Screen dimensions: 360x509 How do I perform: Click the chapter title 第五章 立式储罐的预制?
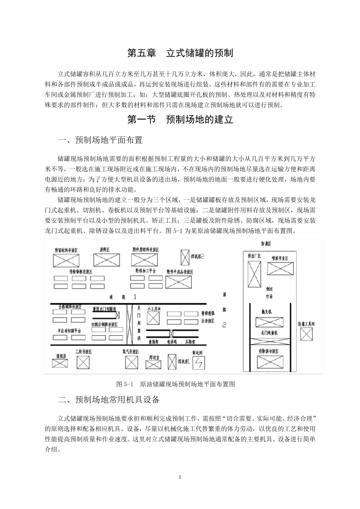click(x=180, y=53)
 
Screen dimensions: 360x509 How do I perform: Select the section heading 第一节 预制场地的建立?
click(x=180, y=120)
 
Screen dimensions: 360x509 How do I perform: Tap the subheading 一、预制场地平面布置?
click(x=100, y=140)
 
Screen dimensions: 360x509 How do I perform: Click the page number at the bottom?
click(x=180, y=477)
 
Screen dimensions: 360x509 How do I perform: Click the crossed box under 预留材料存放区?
click(x=66, y=260)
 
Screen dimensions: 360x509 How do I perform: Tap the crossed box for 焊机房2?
click(x=185, y=258)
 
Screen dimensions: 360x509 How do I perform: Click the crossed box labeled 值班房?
click(x=60, y=363)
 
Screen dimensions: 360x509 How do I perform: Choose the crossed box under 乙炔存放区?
click(x=83, y=362)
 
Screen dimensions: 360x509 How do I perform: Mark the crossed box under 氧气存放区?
click(x=132, y=362)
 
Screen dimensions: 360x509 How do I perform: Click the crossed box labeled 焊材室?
click(x=153, y=364)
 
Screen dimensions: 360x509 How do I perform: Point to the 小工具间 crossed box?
click(x=153, y=318)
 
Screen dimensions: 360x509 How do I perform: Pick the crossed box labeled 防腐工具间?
click(x=307, y=334)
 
